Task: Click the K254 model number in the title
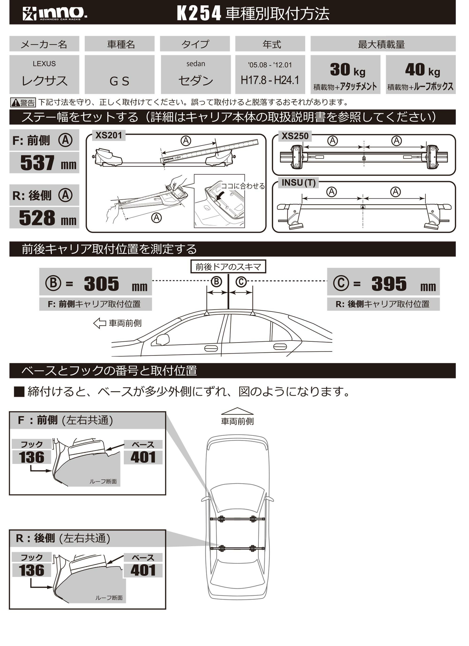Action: [x=199, y=13]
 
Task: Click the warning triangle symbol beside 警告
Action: [x=16, y=103]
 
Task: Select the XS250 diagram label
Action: [x=295, y=136]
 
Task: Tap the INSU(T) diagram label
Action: [x=298, y=183]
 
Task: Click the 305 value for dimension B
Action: [x=102, y=284]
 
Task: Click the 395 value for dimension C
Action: [x=389, y=284]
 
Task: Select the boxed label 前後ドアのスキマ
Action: [x=228, y=267]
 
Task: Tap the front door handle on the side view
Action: [x=211, y=348]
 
